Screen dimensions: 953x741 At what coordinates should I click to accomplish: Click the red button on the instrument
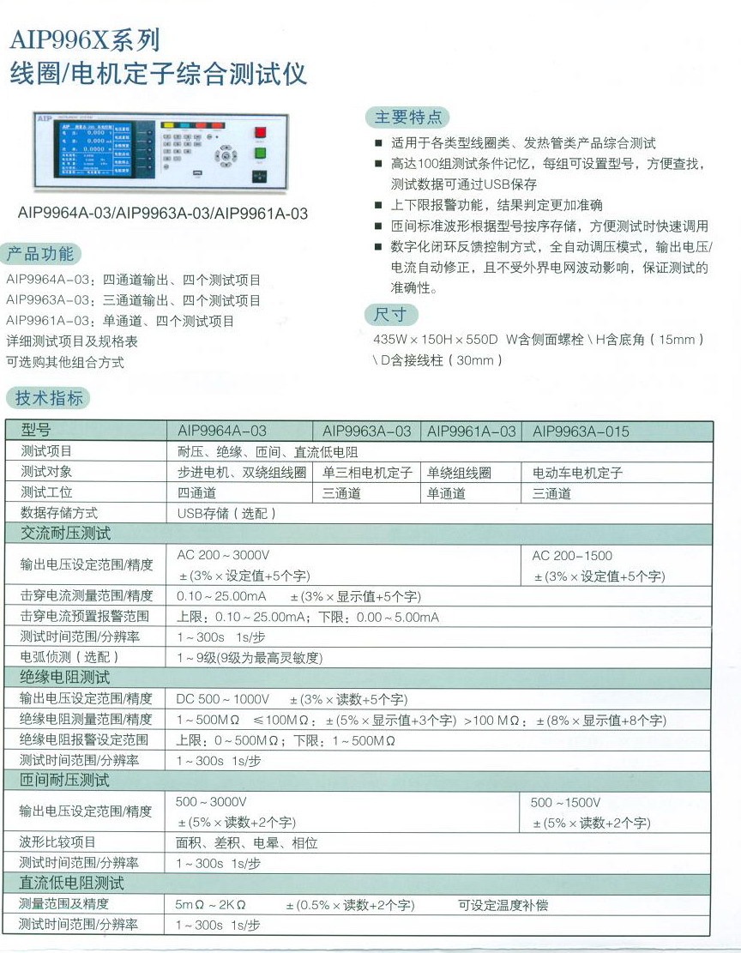coord(260,131)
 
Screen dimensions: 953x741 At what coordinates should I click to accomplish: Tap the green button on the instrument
coord(260,154)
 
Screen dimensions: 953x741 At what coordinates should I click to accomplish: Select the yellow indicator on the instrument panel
coord(180,124)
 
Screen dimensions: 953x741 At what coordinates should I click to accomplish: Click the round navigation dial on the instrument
coord(226,155)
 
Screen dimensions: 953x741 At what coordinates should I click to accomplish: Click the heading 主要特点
coord(408,118)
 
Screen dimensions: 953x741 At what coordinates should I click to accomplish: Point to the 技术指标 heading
coord(50,397)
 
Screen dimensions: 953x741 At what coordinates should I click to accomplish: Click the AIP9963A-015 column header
coord(581,431)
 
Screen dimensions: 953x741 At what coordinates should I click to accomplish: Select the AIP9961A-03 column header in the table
coord(472,431)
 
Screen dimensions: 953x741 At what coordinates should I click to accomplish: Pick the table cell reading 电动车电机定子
coord(578,472)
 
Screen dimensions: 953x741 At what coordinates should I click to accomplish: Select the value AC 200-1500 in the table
coord(572,555)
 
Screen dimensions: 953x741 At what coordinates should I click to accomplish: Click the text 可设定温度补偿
coord(503,904)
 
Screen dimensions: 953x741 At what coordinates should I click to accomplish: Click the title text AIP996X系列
coord(83,41)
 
